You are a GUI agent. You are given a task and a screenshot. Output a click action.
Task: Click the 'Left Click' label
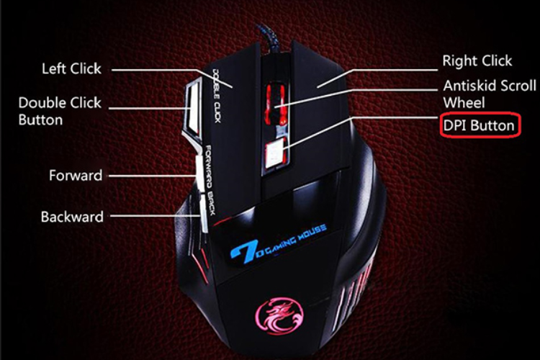click(x=71, y=69)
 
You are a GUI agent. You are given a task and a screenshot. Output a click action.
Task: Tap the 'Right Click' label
click(x=477, y=61)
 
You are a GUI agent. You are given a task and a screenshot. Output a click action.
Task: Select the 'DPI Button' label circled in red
click(x=479, y=125)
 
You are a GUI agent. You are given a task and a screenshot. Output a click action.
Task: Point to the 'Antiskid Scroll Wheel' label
click(x=490, y=94)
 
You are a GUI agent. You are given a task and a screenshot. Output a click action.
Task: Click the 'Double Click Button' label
click(x=60, y=111)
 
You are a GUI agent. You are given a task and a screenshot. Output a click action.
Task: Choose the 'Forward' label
click(x=76, y=176)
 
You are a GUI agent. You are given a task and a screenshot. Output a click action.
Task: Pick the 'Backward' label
click(x=72, y=217)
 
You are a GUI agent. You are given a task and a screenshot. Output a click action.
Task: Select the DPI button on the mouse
click(x=275, y=152)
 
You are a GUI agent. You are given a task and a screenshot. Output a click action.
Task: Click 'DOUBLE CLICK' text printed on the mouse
click(x=217, y=95)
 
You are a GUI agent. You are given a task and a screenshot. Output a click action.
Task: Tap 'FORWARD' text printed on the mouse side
click(x=209, y=167)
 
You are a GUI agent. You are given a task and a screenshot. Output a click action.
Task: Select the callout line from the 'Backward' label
click(x=155, y=216)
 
